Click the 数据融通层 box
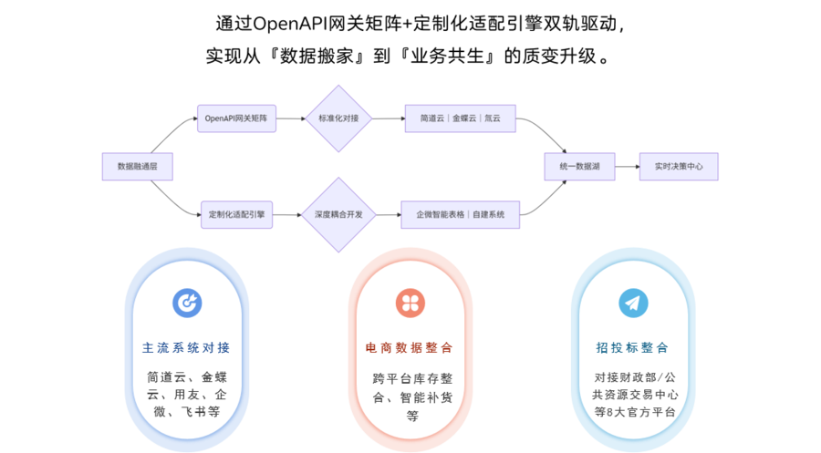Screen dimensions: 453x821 click(137, 167)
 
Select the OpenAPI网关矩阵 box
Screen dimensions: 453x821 click(236, 118)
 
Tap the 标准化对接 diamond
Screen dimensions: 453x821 click(339, 118)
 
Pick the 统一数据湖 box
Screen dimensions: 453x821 click(579, 167)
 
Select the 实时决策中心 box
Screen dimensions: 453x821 click(678, 167)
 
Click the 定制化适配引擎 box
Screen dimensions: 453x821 click(236, 214)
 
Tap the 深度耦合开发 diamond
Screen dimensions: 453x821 click(339, 214)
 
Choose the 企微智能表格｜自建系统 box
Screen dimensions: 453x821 click(460, 214)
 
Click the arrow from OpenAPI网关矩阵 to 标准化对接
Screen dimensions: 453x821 click(290, 118)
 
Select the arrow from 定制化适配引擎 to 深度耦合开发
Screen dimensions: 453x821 click(286, 214)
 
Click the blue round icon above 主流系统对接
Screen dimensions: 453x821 click(187, 303)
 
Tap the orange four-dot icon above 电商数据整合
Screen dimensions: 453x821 click(410, 303)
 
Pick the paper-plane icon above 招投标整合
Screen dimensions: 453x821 click(632, 303)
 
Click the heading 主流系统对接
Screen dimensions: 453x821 click(187, 347)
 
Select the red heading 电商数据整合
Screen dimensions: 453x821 click(410, 347)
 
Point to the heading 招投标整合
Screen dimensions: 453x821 click(632, 347)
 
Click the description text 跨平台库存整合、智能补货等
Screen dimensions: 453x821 click(410, 396)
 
